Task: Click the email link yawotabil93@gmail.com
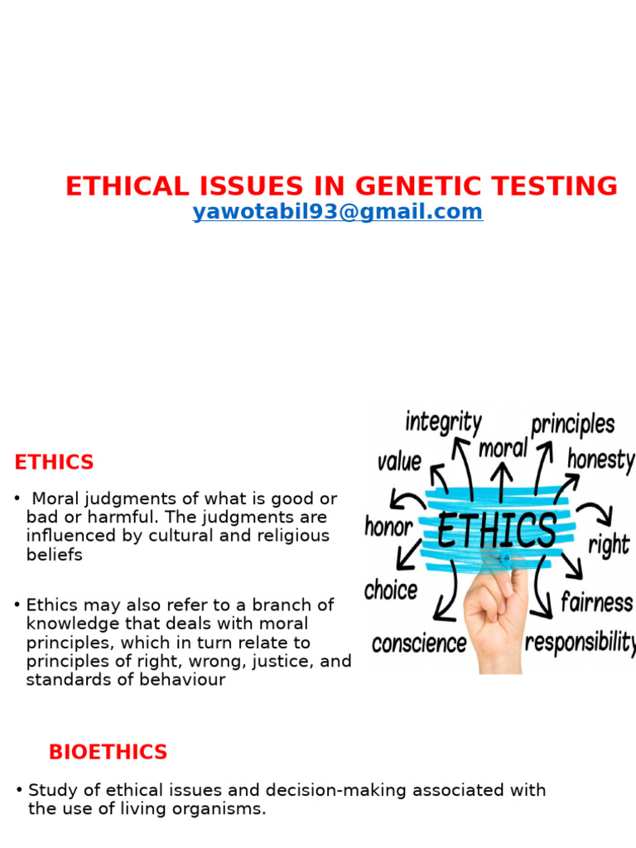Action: coord(337,212)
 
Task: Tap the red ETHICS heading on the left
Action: coord(54,462)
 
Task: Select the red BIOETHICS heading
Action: coord(108,752)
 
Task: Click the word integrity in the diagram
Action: coord(443,422)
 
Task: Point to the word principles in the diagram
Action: coord(573,425)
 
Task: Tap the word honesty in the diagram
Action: coord(600,460)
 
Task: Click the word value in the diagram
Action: coord(399,461)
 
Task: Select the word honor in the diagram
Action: coord(388,527)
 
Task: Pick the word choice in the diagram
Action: coord(390,590)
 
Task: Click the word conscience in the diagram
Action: coord(419,643)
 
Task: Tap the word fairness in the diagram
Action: coord(596,602)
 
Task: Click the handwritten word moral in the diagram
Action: coord(503,449)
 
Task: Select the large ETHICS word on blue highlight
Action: coord(496,531)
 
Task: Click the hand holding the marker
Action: coord(494,617)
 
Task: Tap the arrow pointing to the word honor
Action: coord(406,500)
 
